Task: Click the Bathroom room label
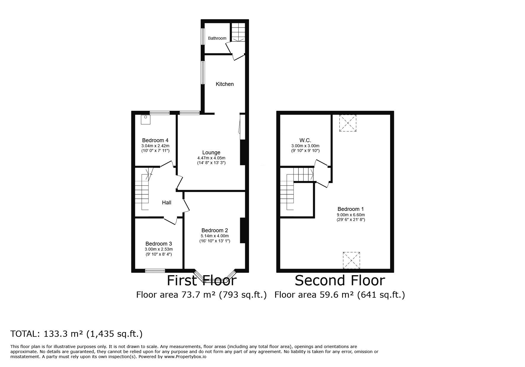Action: click(217, 38)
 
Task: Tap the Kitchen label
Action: click(225, 84)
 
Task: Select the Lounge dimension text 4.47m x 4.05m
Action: click(211, 158)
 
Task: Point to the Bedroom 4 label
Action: click(155, 140)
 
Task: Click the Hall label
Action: click(167, 203)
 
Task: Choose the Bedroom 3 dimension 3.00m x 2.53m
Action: click(159, 249)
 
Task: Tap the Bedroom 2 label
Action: click(215, 230)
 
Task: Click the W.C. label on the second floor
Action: click(305, 140)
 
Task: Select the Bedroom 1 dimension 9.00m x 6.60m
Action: click(351, 215)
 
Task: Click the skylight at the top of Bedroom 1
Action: click(348, 123)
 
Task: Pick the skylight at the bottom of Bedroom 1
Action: click(352, 261)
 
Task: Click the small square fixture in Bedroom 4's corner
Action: click(146, 119)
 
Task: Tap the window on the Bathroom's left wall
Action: click(203, 36)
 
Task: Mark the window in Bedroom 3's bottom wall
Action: click(155, 270)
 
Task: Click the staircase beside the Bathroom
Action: click(238, 32)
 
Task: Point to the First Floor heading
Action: click(202, 281)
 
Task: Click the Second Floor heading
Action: click(340, 281)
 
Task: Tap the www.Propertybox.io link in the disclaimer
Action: click(185, 357)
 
